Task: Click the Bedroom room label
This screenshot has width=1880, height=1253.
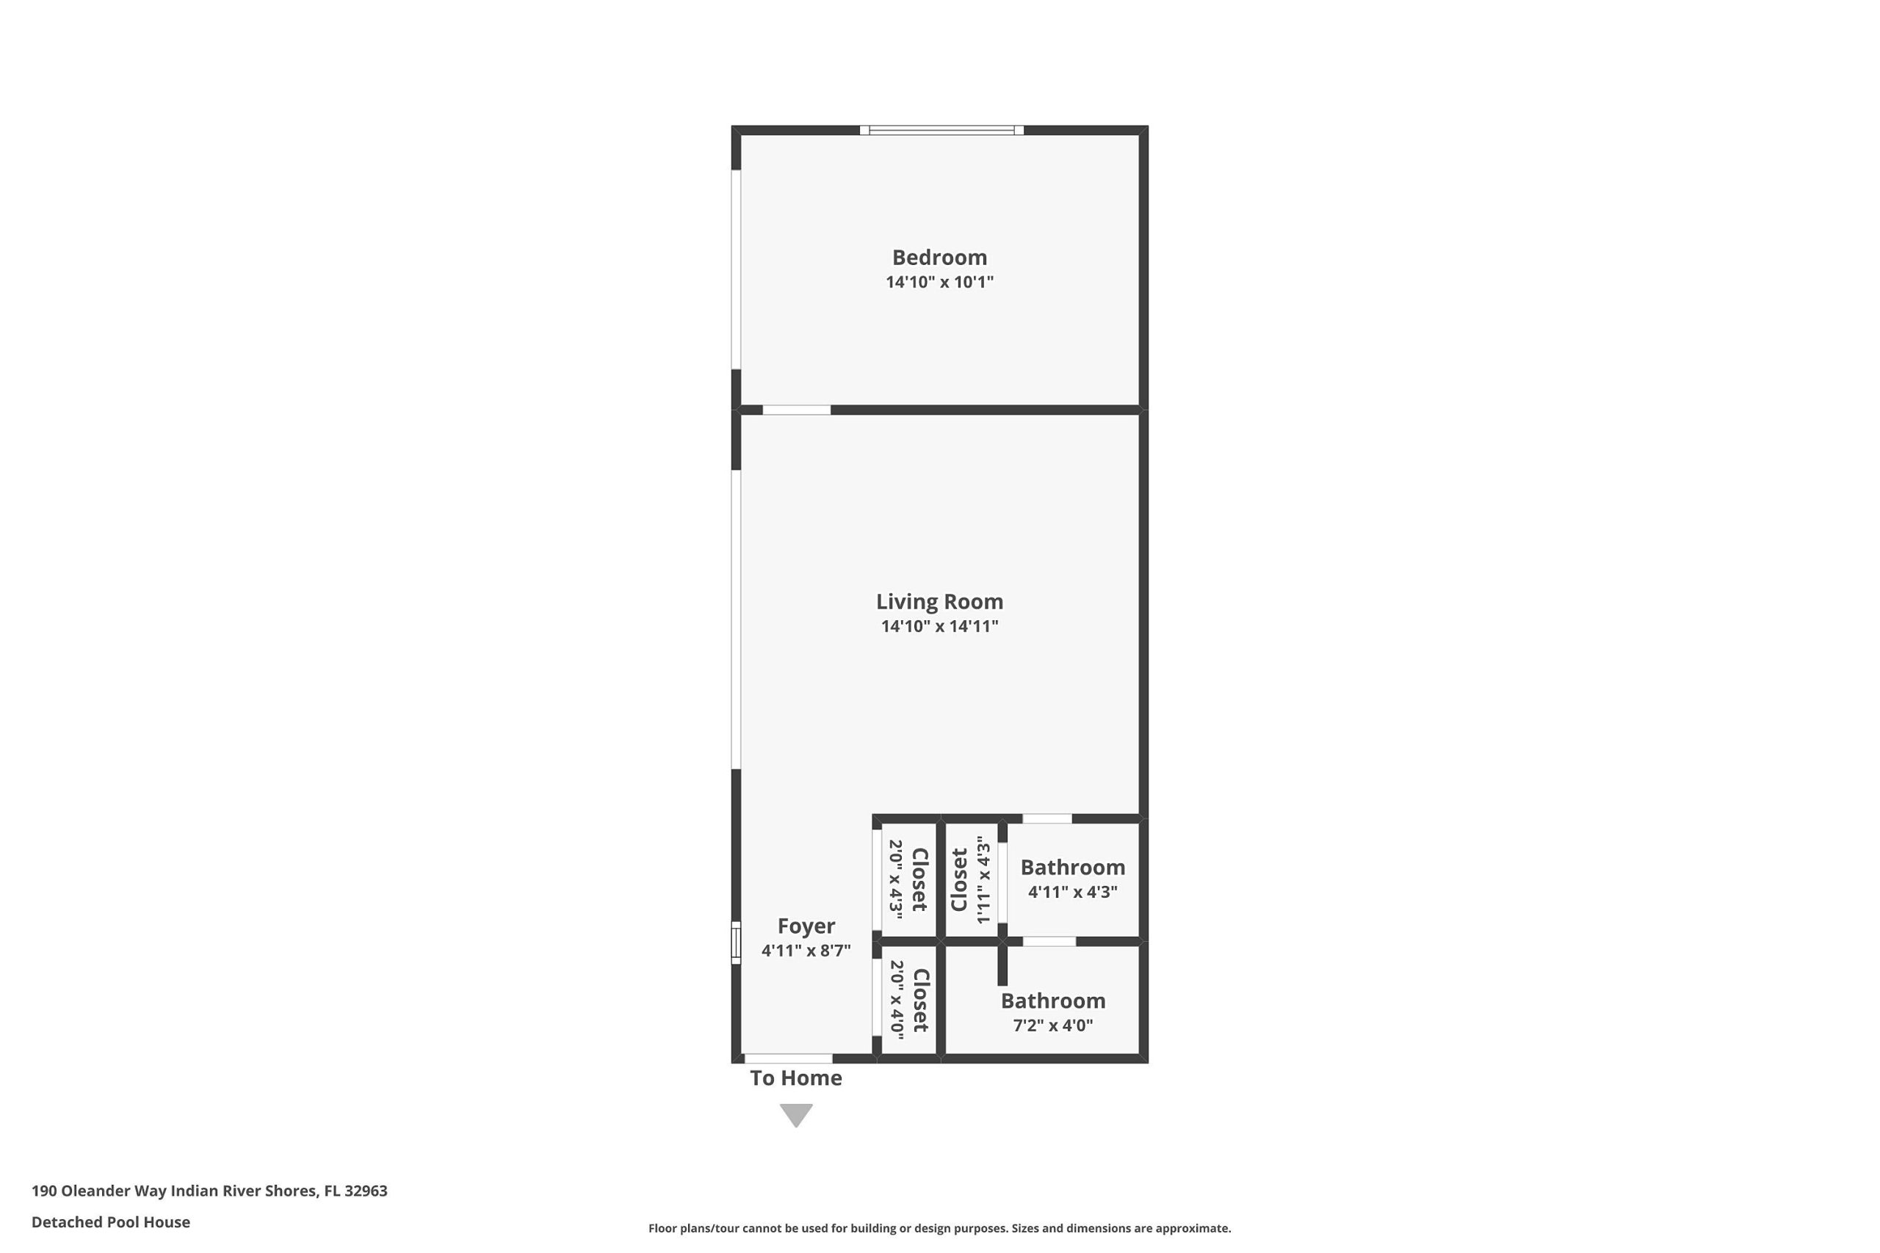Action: tap(939, 258)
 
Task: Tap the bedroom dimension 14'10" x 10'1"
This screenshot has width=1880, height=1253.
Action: tap(939, 281)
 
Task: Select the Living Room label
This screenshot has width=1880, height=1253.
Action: tap(939, 602)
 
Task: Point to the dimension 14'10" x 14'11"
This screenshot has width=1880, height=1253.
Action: tap(939, 625)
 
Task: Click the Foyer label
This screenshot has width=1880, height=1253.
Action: tap(806, 926)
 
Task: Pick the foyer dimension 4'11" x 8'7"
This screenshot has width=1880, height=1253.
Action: tap(806, 950)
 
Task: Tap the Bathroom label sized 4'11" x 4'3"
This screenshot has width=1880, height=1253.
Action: tap(1073, 867)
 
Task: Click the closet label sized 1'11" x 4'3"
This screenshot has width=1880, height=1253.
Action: tap(959, 880)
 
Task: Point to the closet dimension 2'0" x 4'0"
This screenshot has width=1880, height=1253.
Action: tap(897, 1000)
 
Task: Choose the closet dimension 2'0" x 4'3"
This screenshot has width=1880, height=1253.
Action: tap(896, 879)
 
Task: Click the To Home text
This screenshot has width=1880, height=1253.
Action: tap(795, 1078)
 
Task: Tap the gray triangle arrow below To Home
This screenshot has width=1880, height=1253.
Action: tap(796, 1114)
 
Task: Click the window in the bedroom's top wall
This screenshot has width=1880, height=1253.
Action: tap(941, 130)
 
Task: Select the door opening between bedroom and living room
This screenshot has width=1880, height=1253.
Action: tap(796, 410)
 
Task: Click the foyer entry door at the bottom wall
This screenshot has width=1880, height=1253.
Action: tap(788, 1058)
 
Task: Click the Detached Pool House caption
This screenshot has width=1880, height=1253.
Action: tap(111, 1222)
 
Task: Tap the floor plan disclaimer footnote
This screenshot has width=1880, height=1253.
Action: tap(939, 1228)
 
